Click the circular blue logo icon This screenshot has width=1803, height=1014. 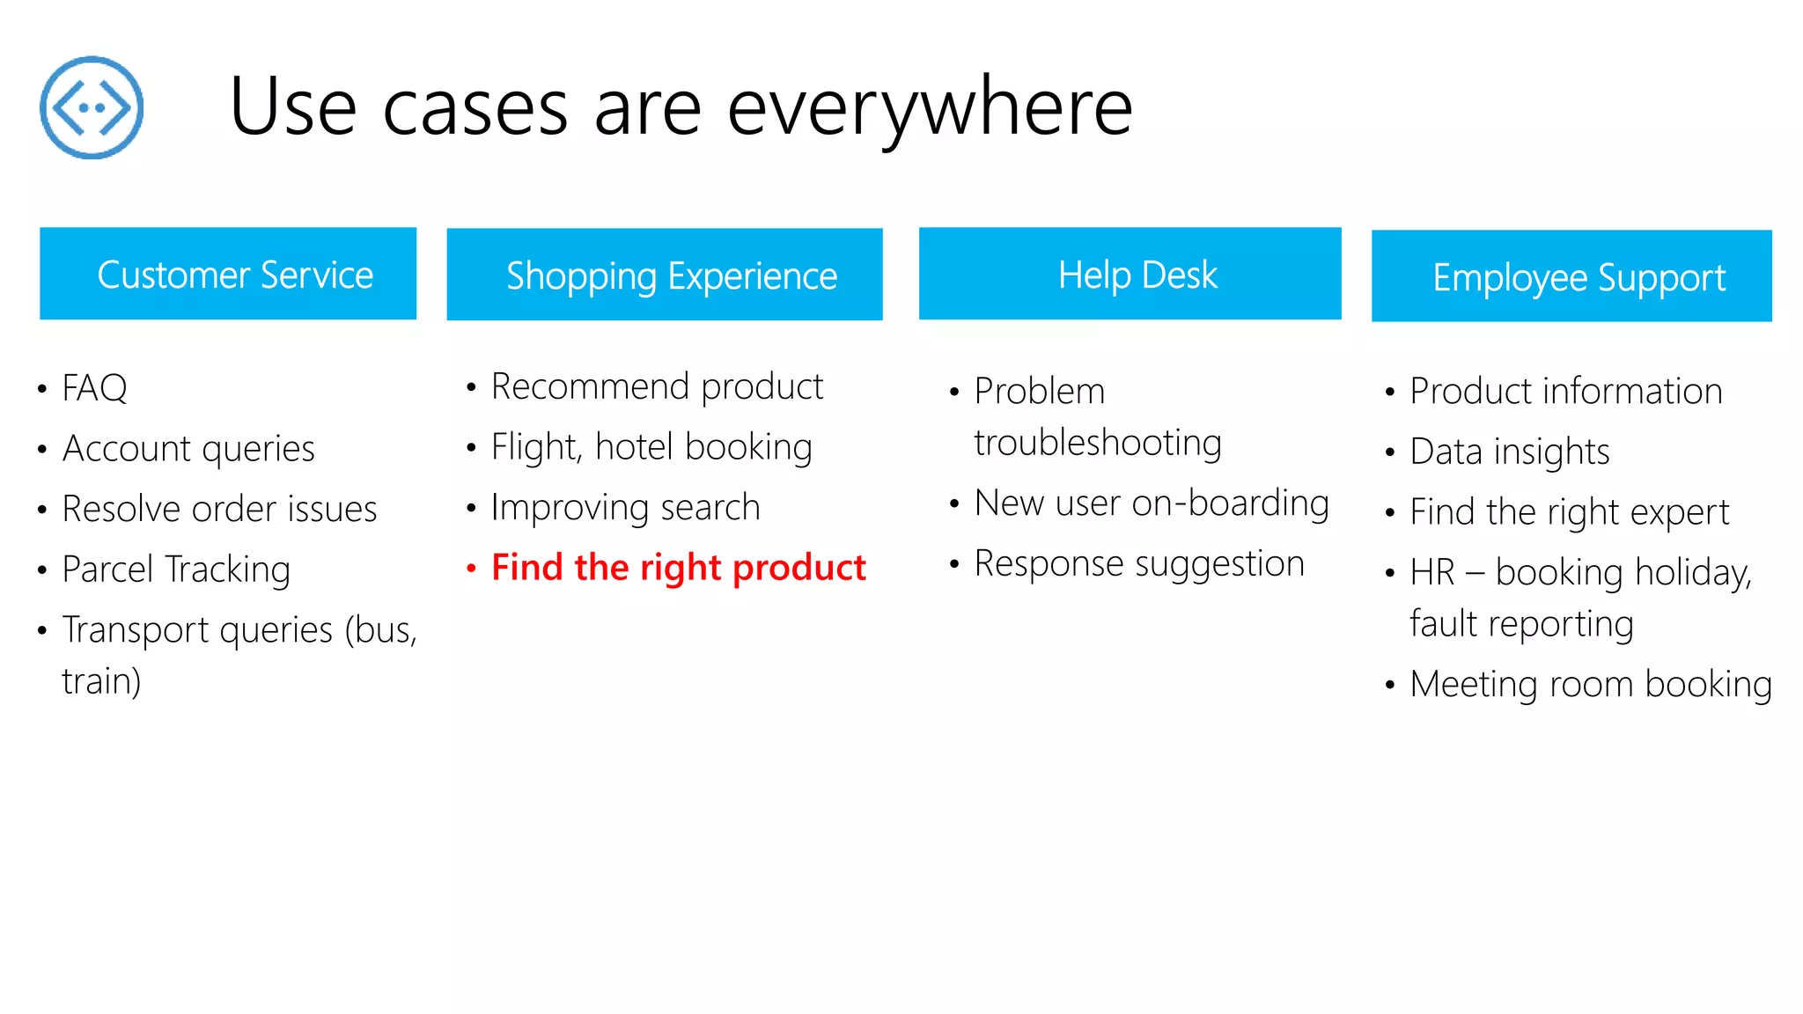tap(92, 107)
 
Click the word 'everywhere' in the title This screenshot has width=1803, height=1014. tap(930, 107)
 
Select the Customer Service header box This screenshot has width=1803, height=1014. tap(228, 274)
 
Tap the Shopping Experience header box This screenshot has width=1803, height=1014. tap(665, 275)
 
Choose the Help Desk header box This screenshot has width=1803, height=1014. tap(1130, 274)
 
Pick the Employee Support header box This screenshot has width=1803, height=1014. tap(1571, 276)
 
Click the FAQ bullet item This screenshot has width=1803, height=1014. tap(94, 388)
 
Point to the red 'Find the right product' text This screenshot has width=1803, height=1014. tap(678, 568)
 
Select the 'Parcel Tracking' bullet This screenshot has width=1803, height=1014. tap(176, 569)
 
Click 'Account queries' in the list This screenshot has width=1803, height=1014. tap(188, 449)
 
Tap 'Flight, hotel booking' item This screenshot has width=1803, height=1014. tap(651, 447)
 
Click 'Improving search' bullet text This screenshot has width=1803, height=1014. tap(625, 508)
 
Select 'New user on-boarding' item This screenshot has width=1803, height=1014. tap(1152, 503)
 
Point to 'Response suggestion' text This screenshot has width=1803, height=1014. tap(1139, 564)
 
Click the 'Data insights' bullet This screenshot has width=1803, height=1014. tap(1509, 452)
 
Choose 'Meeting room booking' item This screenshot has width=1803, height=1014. tap(1590, 685)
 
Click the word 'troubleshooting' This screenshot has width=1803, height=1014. tap(1098, 443)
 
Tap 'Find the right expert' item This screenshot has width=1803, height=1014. tap(1569, 512)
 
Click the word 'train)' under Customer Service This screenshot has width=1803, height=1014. tap(101, 682)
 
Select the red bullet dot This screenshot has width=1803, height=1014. tap(472, 569)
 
